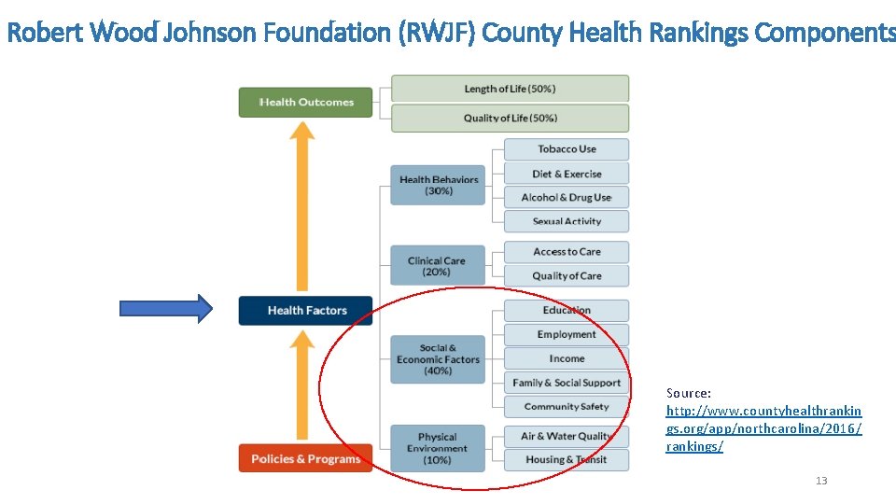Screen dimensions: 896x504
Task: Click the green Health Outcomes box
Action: point(305,102)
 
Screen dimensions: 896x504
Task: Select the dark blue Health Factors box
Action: point(305,310)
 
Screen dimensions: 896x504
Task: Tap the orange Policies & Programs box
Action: point(305,458)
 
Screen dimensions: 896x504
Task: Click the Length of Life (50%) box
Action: point(510,89)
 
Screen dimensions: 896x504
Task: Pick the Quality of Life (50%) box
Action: point(510,118)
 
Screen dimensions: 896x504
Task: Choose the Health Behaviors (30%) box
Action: point(438,185)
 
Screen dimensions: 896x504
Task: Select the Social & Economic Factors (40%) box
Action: point(438,359)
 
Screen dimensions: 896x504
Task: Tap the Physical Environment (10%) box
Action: point(438,448)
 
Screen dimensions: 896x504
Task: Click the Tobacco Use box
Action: point(567,149)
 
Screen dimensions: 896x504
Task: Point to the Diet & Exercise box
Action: point(567,174)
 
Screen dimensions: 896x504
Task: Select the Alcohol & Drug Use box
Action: point(567,197)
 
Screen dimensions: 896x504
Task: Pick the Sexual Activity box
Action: point(567,221)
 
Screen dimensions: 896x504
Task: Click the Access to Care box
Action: point(567,252)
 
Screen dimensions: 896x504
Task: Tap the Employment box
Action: point(567,334)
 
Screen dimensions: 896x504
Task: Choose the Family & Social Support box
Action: point(567,383)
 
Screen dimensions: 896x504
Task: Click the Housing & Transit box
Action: point(567,459)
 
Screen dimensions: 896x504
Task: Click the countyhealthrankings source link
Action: point(763,428)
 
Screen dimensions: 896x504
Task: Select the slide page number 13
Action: point(821,481)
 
